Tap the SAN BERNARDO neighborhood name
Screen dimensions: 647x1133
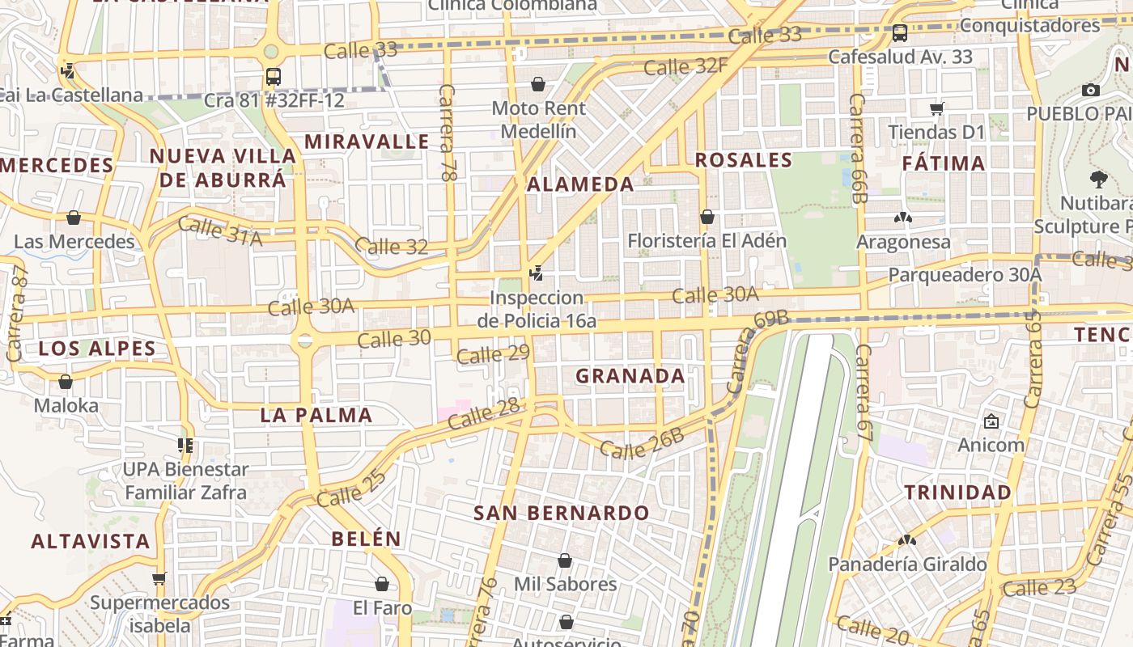coord(561,513)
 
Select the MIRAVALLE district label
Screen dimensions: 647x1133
coord(367,142)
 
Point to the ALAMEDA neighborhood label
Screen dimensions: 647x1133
coord(580,184)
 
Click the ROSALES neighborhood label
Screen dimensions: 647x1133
coord(743,160)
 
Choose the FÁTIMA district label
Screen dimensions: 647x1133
coord(944,163)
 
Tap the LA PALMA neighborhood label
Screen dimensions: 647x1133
coord(316,416)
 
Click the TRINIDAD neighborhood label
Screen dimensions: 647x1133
coord(957,493)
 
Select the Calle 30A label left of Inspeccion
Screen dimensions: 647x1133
coord(311,307)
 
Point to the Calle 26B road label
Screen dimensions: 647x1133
coord(642,444)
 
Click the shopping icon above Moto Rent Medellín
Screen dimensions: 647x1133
coord(537,84)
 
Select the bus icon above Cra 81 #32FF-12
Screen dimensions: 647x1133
coord(274,77)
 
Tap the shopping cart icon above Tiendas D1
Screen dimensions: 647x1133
coord(936,108)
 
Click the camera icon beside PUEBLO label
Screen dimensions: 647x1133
coord(1090,90)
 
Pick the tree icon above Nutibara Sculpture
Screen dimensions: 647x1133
coord(1098,179)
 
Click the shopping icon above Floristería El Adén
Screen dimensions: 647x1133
coord(707,217)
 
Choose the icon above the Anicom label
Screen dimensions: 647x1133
coord(991,421)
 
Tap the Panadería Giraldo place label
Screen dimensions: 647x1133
coord(906,564)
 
